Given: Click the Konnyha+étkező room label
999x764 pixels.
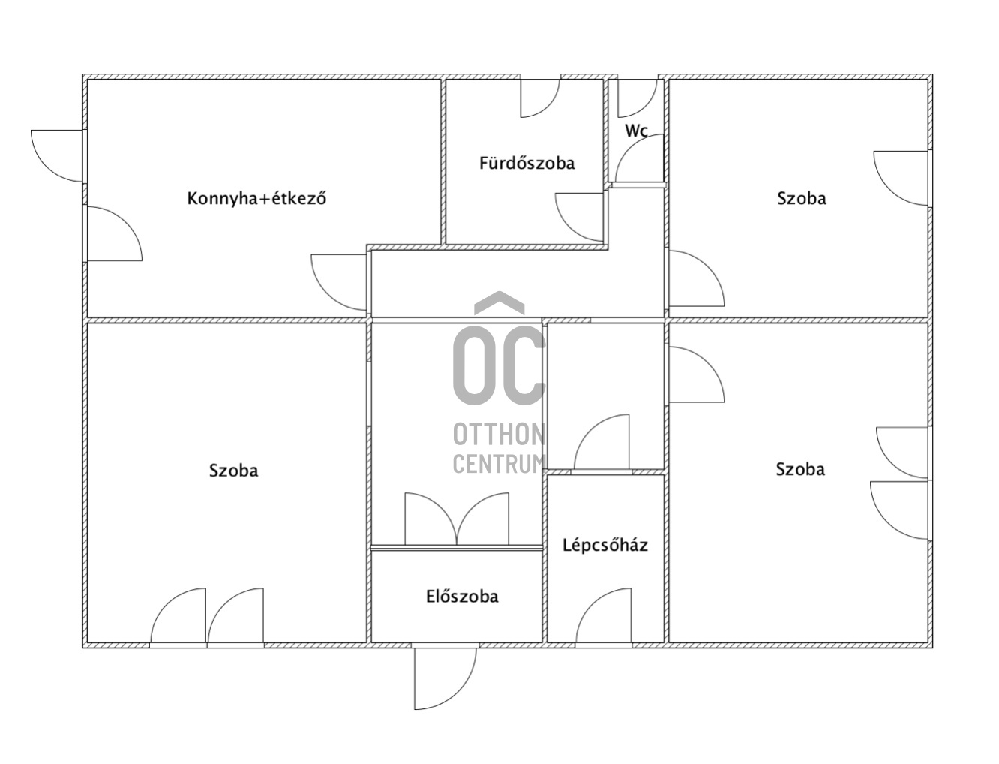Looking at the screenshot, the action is (256, 199).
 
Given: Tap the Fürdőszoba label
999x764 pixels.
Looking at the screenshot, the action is (526, 163).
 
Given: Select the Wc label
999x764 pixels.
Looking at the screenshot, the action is (636, 131).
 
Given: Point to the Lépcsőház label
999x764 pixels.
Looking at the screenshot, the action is (604, 546).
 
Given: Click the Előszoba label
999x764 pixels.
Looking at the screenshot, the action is (462, 597).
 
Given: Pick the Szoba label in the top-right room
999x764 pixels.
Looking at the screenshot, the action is (802, 199).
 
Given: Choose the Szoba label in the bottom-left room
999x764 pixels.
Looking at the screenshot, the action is (233, 471).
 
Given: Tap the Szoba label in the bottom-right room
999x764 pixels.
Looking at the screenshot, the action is (800, 469).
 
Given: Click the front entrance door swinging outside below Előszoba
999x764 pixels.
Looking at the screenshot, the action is (445, 678).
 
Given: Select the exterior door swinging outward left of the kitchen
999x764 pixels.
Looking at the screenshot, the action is (57, 155).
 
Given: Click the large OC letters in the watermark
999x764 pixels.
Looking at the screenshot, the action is (499, 365).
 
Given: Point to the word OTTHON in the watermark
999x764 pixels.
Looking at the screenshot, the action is (499, 435).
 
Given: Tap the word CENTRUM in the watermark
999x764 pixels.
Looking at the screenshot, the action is (499, 464).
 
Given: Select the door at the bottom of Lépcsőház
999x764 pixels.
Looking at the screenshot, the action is (604, 615).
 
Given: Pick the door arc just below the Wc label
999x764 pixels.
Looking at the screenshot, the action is (639, 158).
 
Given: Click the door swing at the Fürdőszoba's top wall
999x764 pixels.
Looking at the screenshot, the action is (540, 98).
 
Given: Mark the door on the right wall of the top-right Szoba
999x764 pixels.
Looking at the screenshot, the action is (901, 178).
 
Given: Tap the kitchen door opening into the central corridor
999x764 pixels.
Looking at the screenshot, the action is (338, 282).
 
